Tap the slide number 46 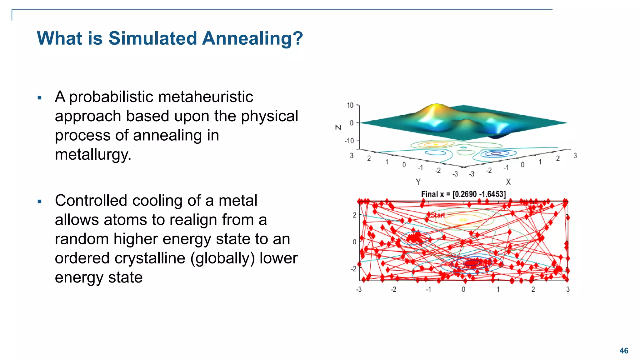[x=624, y=351]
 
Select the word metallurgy [x=93, y=154]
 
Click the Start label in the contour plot [x=438, y=215]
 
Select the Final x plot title [x=463, y=194]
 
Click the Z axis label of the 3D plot [x=338, y=127]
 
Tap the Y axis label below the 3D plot [x=418, y=182]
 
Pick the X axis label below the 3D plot [x=508, y=182]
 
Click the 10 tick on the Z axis [x=350, y=105]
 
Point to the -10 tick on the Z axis [x=349, y=141]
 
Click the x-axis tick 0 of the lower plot [x=463, y=289]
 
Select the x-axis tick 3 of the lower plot [x=568, y=289]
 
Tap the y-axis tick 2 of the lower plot [x=354, y=215]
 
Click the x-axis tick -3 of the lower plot [x=359, y=289]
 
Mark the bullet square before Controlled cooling [x=39, y=202]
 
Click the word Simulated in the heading [x=152, y=39]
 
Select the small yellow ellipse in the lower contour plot [x=463, y=220]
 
